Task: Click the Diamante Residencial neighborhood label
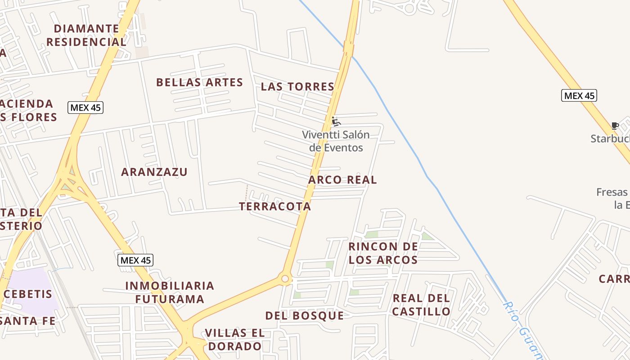[x=86, y=36]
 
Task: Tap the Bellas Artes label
[x=199, y=83]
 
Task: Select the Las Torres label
[x=297, y=87]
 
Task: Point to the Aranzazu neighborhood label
[x=154, y=172]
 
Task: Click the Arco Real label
[x=342, y=180]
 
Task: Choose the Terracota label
[x=275, y=207]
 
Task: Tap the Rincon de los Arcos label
[x=383, y=253]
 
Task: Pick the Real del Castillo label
[x=421, y=305]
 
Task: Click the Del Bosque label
[x=305, y=316]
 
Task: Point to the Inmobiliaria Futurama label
[x=170, y=292]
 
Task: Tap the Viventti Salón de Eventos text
[x=336, y=141]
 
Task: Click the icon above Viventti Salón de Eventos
[x=335, y=121]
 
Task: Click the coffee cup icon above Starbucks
[x=615, y=126]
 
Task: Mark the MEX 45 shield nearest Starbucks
[x=579, y=95]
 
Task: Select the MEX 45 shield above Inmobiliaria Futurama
[x=135, y=260]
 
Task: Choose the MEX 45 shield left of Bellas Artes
[x=85, y=108]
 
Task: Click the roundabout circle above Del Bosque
[x=285, y=279]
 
